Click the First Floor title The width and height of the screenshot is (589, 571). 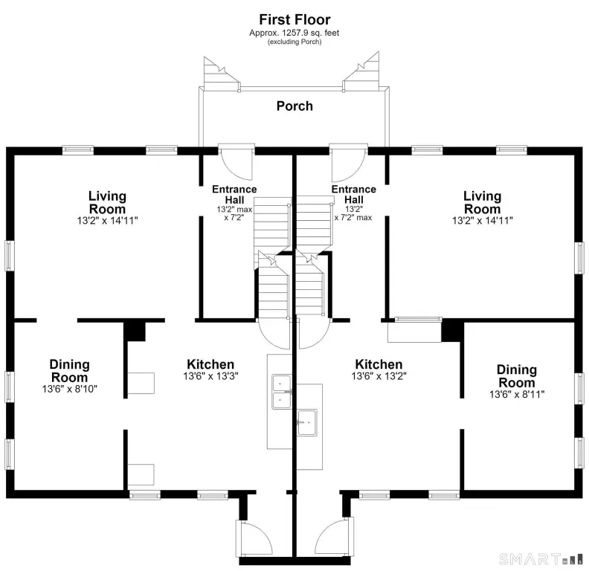[294, 19]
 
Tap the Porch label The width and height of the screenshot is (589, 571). [294, 106]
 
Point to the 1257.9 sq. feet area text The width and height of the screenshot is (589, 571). [294, 33]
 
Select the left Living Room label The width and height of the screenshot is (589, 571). [107, 202]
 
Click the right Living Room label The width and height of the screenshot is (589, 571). [483, 202]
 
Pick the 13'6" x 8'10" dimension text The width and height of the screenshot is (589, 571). [69, 389]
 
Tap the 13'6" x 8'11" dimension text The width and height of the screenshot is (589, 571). [517, 394]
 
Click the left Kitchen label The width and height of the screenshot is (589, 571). [210, 364]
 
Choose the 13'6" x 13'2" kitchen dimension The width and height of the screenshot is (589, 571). [379, 376]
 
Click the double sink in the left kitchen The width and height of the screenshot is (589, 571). [281, 391]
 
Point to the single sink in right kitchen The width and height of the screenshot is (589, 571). [307, 422]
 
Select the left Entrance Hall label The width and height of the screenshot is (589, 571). [234, 194]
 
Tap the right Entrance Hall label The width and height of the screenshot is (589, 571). [353, 194]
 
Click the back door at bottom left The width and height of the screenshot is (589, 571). [254, 537]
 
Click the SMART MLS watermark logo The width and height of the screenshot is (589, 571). [541, 559]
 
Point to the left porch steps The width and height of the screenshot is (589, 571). [222, 74]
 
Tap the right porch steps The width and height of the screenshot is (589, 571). [361, 71]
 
